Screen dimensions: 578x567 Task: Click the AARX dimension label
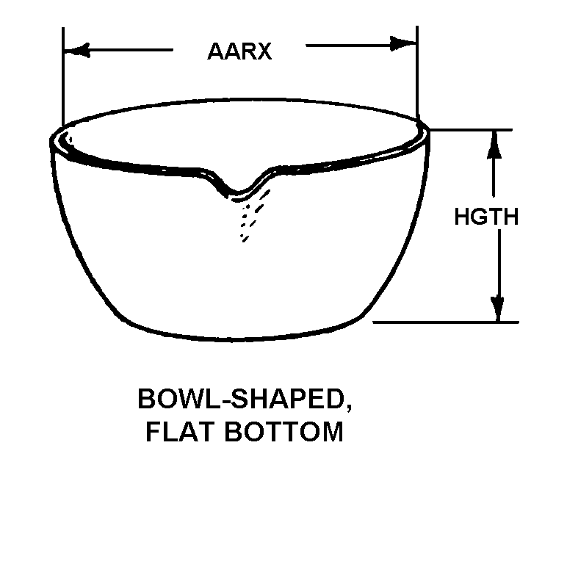click(x=239, y=52)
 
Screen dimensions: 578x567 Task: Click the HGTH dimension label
click(x=486, y=217)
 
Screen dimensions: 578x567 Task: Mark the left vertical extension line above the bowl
click(x=64, y=73)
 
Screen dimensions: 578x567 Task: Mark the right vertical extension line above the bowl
click(x=417, y=73)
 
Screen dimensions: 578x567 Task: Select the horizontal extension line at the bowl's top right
click(x=470, y=130)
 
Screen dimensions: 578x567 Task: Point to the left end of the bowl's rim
click(x=53, y=141)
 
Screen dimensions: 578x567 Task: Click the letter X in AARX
click(x=262, y=52)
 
